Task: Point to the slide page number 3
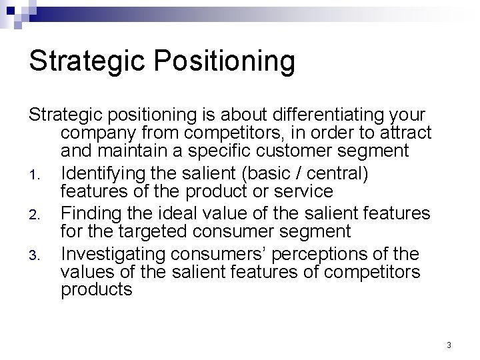[449, 345]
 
